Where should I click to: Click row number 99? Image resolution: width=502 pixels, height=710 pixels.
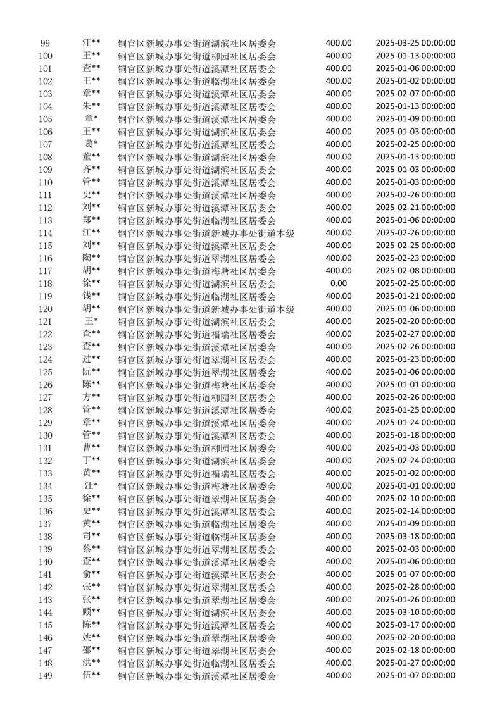(45, 43)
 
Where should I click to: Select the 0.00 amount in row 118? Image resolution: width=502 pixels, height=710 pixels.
(339, 283)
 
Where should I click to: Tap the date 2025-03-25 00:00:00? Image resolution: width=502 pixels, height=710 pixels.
(415, 43)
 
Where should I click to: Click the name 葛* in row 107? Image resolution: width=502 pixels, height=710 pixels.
(91, 144)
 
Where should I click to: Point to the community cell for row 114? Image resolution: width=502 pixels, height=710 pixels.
(206, 234)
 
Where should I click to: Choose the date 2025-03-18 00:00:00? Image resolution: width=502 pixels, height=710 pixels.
(415, 537)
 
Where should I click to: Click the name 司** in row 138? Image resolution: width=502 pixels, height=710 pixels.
(91, 537)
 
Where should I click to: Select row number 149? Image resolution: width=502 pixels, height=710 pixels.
(45, 676)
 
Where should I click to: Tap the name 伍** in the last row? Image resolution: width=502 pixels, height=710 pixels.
(91, 676)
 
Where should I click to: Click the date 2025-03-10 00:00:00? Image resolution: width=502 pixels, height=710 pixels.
(415, 613)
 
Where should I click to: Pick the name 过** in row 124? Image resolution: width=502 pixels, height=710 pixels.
(91, 359)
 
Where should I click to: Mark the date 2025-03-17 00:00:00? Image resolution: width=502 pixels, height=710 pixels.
(415, 625)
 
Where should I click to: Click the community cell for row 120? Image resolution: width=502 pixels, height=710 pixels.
(206, 309)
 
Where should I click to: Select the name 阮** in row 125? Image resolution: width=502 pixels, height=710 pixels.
(91, 372)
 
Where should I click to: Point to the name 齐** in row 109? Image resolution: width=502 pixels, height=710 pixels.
(91, 170)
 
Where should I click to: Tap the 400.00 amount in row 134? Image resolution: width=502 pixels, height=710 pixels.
(339, 486)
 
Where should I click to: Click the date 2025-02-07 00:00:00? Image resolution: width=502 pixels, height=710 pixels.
(415, 94)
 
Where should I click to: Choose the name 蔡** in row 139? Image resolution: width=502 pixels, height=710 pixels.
(91, 549)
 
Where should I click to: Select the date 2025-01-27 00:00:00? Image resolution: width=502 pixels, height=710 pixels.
(415, 663)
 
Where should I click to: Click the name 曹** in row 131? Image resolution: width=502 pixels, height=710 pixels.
(91, 448)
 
